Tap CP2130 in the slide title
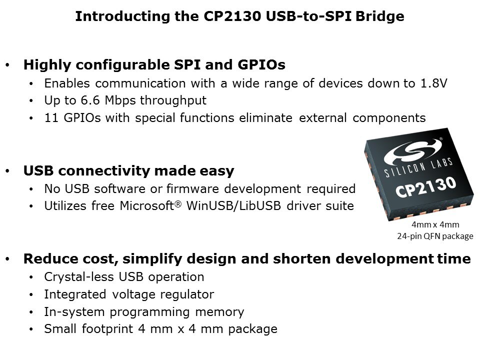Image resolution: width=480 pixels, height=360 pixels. [x=232, y=16]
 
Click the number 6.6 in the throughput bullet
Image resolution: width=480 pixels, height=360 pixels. [x=90, y=100]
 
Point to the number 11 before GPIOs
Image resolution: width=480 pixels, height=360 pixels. [x=51, y=118]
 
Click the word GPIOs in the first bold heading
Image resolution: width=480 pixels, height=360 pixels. [x=261, y=64]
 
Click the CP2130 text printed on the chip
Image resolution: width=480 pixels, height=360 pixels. [x=426, y=186]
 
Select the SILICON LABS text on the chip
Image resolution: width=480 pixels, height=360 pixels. [x=418, y=167]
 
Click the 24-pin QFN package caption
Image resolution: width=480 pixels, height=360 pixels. [x=435, y=236]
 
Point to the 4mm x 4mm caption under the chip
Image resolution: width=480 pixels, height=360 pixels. [x=435, y=224]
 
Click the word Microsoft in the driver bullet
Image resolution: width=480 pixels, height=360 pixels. [x=147, y=205]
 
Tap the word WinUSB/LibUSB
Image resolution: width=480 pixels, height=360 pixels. [x=233, y=205]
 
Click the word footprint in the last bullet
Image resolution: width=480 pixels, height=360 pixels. [x=107, y=329]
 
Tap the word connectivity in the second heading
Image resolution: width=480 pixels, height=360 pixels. [x=104, y=171]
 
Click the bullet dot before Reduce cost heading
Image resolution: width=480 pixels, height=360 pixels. [x=7, y=259]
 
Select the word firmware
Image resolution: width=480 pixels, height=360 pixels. [x=192, y=189]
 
